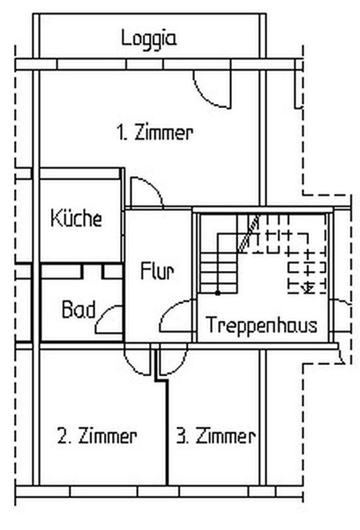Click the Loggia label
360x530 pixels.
tap(149, 39)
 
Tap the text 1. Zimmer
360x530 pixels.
tap(155, 132)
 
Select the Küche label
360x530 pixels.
tap(76, 218)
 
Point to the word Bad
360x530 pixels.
tap(78, 309)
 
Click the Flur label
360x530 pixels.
tap(157, 271)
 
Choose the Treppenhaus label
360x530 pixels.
tap(261, 325)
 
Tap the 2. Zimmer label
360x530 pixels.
tap(97, 436)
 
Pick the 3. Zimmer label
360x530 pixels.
tap(216, 436)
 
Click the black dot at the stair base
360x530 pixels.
tap(218, 293)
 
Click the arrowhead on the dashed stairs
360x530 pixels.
tap(308, 288)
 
